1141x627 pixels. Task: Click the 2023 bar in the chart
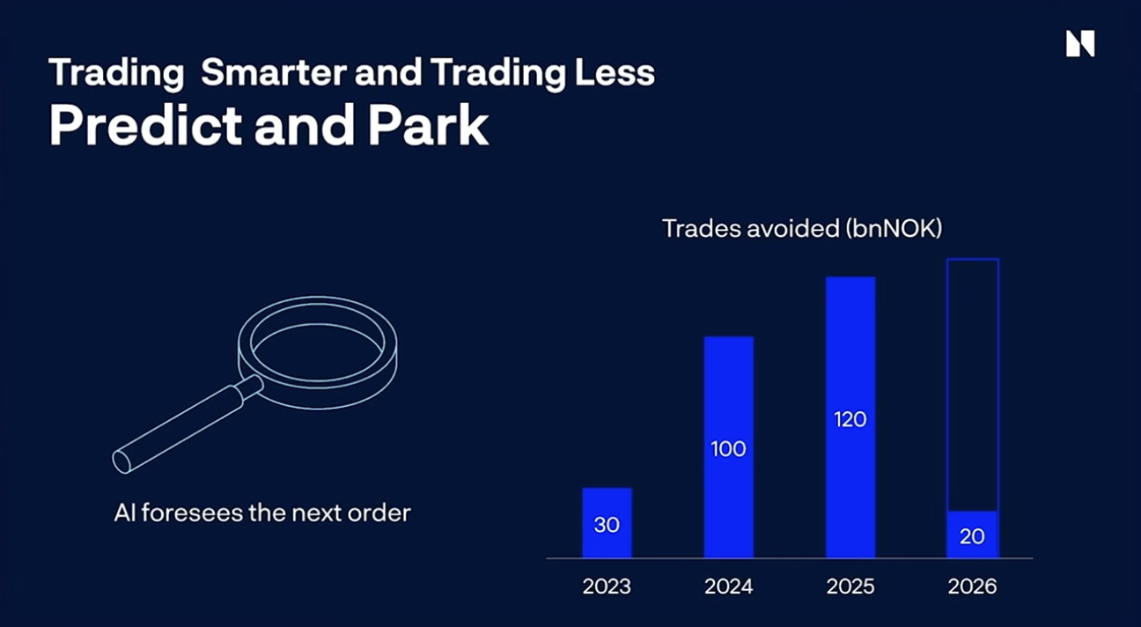[x=607, y=522]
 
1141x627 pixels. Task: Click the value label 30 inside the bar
[x=607, y=525]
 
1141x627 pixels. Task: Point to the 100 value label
[x=728, y=449]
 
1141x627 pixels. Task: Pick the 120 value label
[x=850, y=419]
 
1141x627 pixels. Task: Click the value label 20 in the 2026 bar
[x=972, y=535]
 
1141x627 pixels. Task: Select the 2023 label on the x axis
[x=607, y=586]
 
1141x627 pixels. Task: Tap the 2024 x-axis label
[x=728, y=586]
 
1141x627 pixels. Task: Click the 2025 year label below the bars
[x=850, y=586]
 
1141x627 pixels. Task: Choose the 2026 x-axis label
[x=972, y=586]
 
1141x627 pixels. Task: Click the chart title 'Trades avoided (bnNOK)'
[x=802, y=229]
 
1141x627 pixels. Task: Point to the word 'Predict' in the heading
[x=144, y=125]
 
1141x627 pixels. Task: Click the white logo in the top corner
[x=1079, y=43]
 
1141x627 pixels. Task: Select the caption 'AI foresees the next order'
[x=262, y=513]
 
